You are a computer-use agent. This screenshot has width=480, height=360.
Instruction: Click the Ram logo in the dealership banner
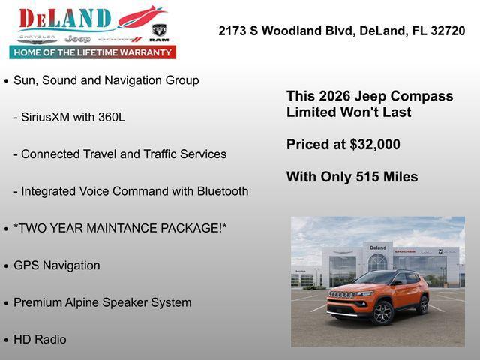[158, 31]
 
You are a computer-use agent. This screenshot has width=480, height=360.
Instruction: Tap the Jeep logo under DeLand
[77, 38]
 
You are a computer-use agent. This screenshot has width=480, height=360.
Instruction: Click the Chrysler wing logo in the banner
[37, 37]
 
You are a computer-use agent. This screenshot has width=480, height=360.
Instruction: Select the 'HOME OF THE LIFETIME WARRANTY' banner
[93, 52]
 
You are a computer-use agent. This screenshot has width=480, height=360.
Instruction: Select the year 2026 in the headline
[334, 96]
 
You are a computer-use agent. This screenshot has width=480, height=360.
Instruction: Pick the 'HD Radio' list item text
[40, 339]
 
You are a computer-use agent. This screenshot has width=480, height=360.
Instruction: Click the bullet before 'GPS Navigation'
[7, 265]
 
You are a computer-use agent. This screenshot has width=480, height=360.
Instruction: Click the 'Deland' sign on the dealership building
[378, 247]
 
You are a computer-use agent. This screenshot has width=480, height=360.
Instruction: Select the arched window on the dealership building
[378, 262]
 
